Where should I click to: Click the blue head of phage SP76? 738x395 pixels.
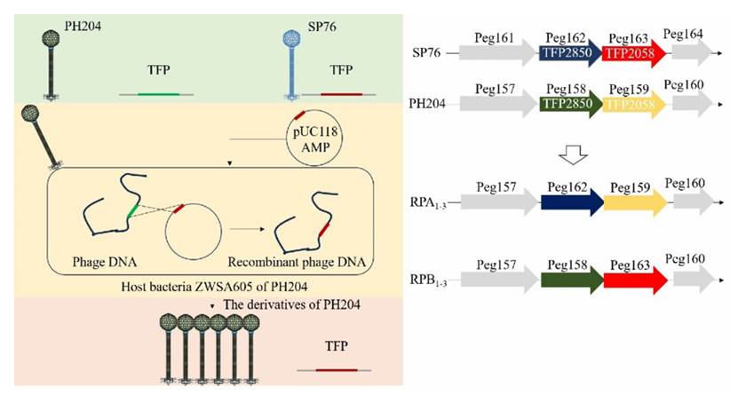292,38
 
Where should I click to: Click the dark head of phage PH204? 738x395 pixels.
51,38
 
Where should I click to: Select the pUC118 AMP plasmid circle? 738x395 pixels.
314,138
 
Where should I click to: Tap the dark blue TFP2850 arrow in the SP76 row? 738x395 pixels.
570,53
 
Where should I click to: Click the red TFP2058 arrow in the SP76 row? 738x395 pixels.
634,53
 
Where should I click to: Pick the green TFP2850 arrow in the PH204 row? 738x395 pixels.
570,104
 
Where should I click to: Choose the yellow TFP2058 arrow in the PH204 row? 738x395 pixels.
634,105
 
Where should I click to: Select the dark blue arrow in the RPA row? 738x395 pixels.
572,202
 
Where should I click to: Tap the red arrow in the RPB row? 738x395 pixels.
636,280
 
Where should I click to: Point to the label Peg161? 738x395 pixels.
494,37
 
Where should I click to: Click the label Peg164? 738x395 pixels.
683,34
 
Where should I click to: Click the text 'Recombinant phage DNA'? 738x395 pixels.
297,262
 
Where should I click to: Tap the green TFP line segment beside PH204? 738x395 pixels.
159,94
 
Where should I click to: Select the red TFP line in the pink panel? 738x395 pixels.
336,370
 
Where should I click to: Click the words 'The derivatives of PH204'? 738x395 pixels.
292,304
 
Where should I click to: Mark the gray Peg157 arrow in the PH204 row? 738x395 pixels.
498,104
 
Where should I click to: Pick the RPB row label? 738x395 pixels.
428,280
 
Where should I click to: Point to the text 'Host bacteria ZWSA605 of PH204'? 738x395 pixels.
215,286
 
